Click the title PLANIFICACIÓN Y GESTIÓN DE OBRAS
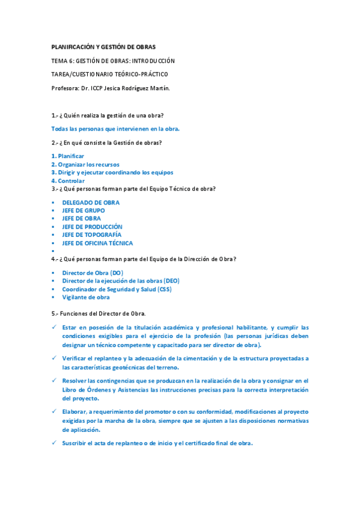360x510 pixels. point(103,47)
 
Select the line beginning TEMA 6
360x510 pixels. point(112,61)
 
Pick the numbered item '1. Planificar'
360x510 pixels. point(67,156)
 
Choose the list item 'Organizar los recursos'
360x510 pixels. point(88,164)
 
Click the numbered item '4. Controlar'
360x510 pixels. point(68,180)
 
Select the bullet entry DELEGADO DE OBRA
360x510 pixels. point(91,203)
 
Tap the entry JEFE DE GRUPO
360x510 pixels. point(83,210)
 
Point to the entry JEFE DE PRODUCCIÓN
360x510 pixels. point(92,227)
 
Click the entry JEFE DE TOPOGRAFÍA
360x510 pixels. point(91,235)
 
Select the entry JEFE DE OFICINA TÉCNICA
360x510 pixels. point(97,243)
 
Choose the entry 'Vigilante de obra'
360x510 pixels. point(86,297)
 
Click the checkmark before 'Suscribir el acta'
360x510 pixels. point(54,443)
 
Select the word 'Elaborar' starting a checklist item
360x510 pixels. point(76,411)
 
